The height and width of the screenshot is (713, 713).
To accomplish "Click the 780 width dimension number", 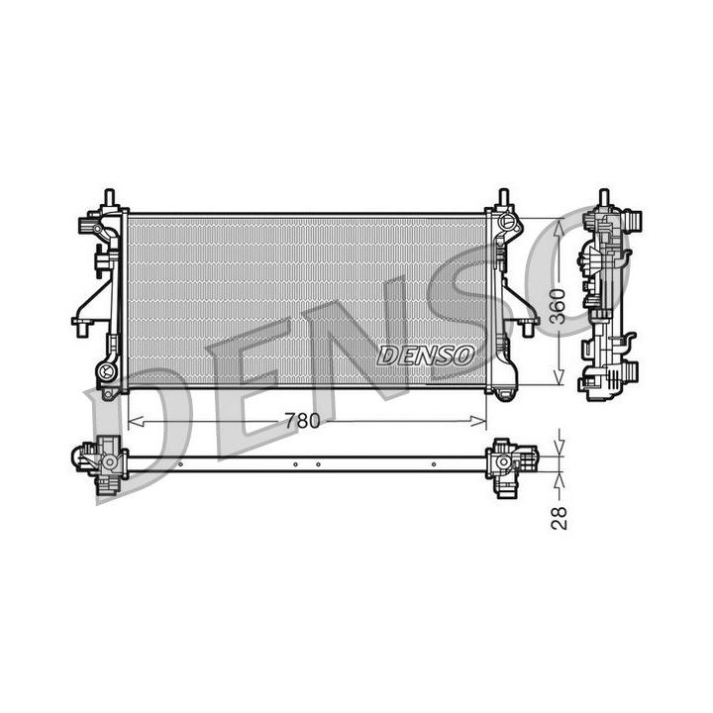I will click(x=302, y=421).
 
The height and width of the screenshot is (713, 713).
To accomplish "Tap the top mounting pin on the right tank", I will click(x=503, y=196).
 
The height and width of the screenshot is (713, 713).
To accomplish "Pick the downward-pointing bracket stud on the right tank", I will click(x=526, y=327).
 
